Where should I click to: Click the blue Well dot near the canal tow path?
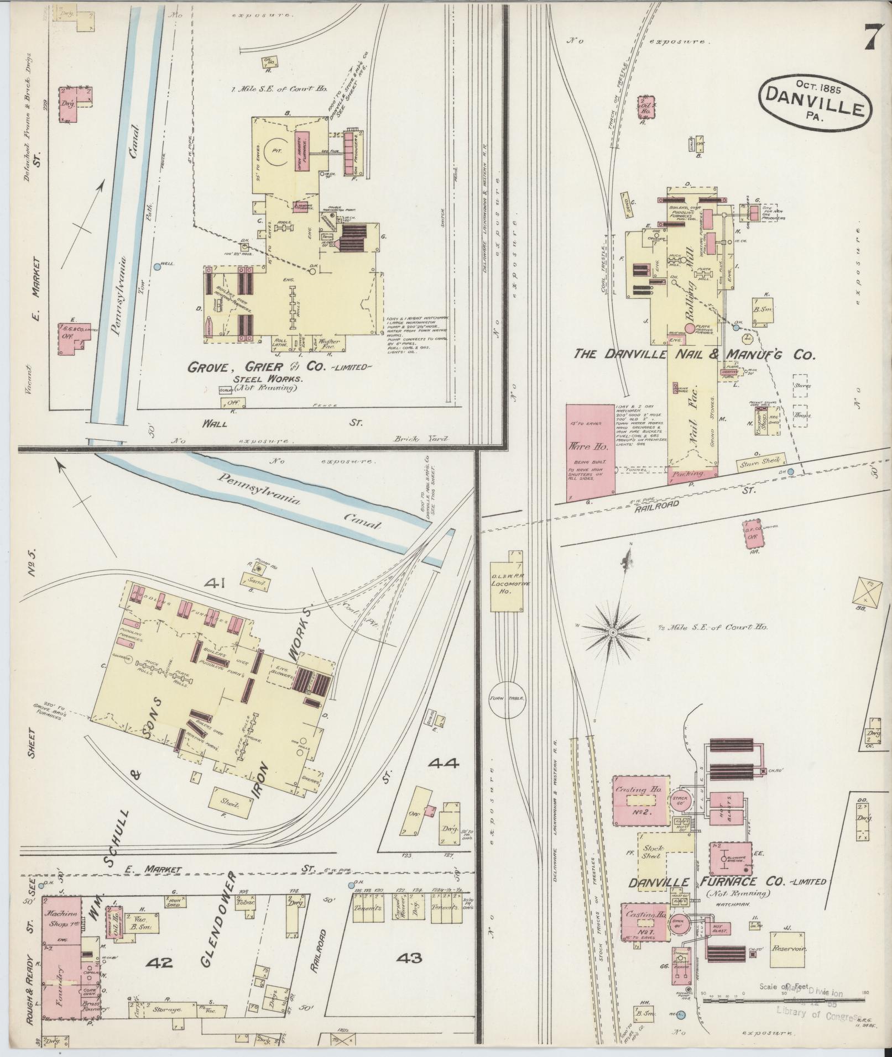tap(158, 266)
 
